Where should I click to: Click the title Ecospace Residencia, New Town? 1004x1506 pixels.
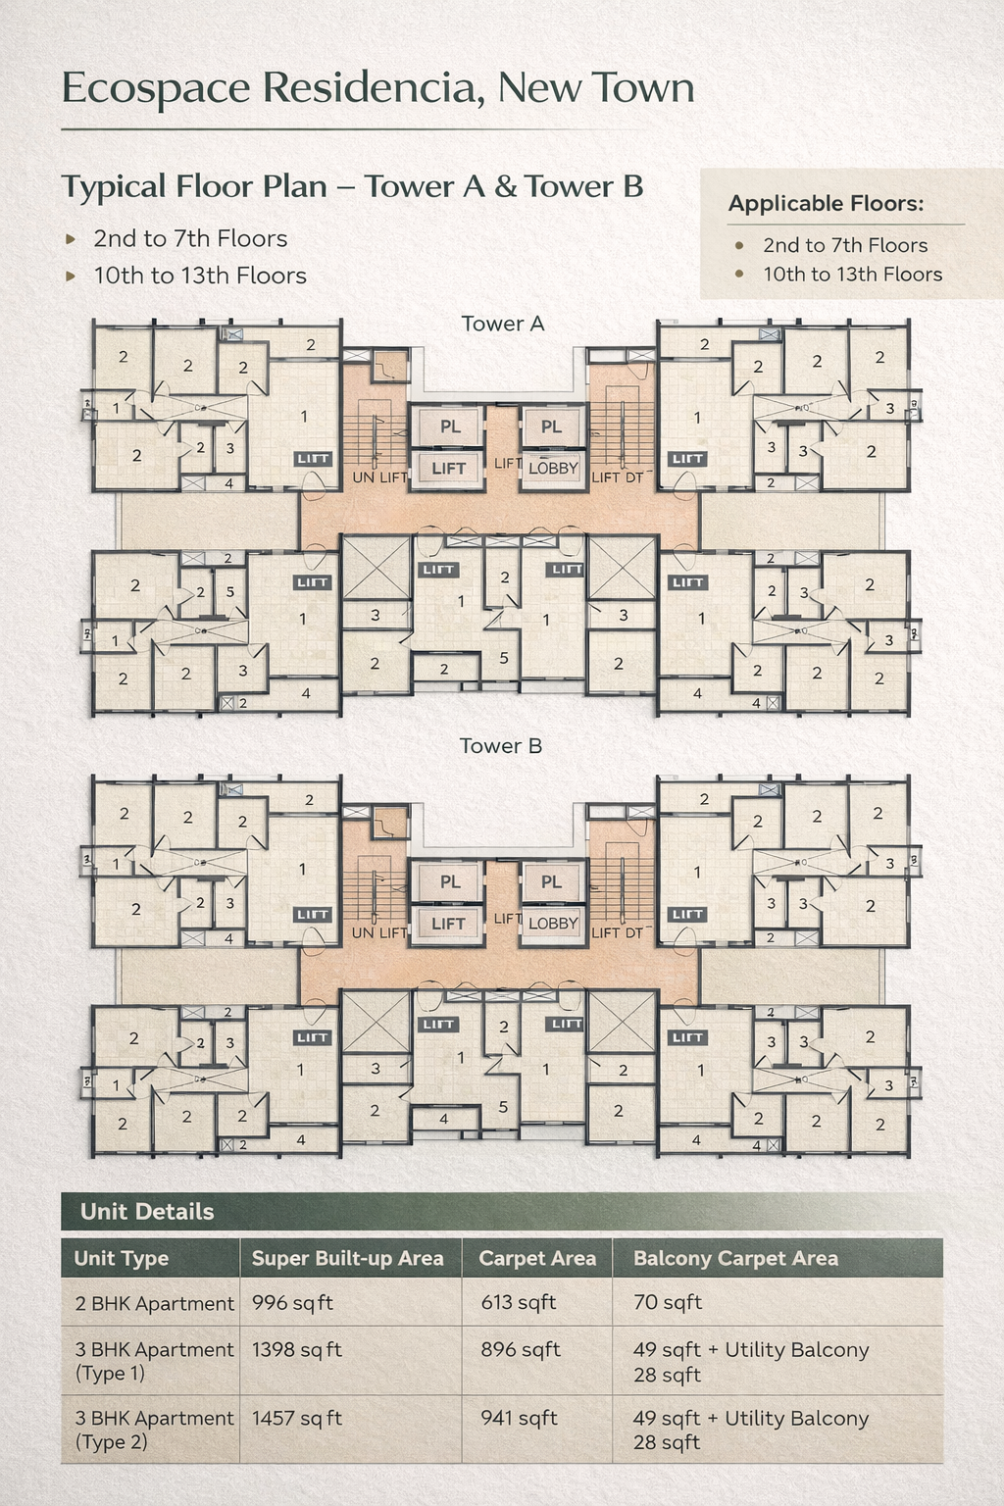377,88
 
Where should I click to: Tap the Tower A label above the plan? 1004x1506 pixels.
502,324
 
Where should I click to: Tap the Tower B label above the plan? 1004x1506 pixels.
501,746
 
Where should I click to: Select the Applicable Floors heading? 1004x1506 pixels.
826,204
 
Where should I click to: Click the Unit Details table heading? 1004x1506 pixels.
147,1212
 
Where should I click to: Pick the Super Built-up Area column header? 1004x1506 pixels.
347,1259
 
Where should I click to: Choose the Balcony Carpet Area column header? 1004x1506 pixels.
735,1259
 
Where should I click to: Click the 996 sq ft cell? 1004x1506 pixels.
292,1303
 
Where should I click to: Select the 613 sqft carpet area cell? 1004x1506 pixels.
518,1303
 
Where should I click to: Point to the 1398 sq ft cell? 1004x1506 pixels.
296,1350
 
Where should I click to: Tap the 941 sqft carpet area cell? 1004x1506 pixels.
519,1419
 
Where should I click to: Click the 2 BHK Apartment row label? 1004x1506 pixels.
154,1304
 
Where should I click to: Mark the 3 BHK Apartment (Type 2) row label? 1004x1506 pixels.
154,1430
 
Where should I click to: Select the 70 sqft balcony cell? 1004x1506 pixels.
667,1303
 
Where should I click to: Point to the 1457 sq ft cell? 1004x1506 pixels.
296,1419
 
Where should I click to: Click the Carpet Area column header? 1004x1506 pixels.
536,1259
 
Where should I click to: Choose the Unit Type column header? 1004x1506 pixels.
122,1259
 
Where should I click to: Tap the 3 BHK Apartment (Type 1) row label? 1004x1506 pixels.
154,1361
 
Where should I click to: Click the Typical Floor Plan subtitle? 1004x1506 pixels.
352,186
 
